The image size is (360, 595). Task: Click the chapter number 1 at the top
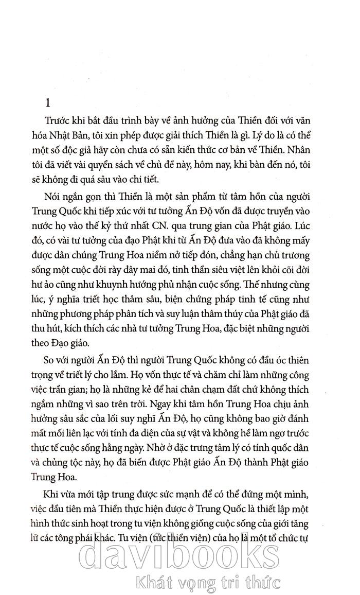click(x=48, y=103)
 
